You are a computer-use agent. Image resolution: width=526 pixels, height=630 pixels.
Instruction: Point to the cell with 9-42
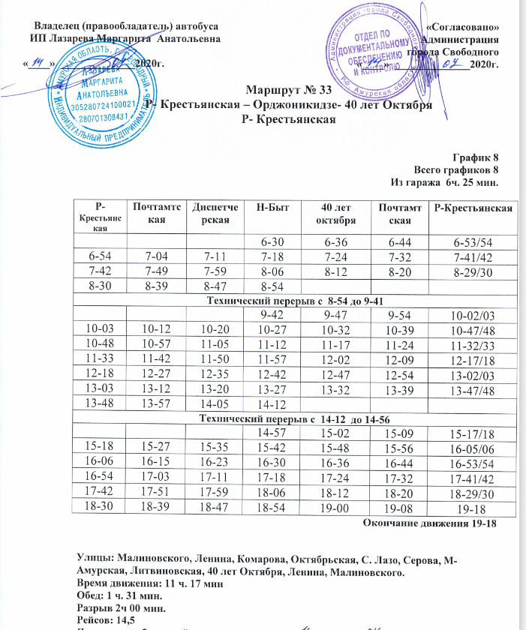(273, 314)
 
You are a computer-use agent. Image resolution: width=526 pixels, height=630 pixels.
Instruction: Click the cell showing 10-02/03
(469, 315)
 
